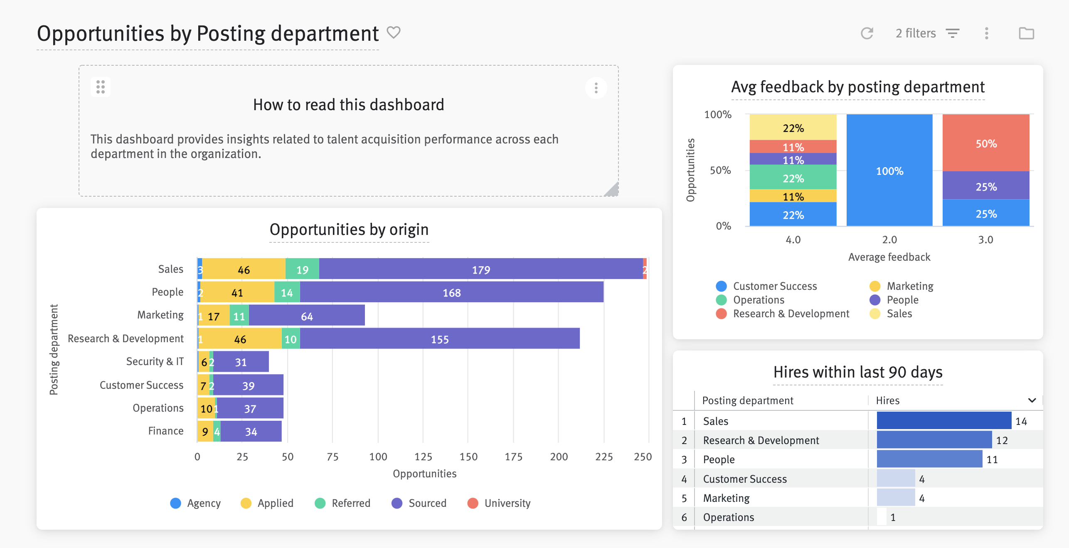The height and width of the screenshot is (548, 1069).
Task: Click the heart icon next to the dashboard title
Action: click(x=393, y=32)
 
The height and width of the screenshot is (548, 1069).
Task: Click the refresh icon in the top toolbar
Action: click(x=867, y=33)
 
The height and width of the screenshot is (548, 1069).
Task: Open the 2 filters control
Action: click(x=927, y=33)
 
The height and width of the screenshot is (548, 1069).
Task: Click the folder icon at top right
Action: click(x=1026, y=33)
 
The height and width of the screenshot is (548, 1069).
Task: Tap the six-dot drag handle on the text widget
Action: click(x=101, y=87)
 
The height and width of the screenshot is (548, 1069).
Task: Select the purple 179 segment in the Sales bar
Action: click(x=480, y=269)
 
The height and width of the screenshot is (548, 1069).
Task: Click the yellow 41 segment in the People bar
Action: click(x=237, y=292)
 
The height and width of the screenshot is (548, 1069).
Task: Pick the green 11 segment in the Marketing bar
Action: click(x=239, y=316)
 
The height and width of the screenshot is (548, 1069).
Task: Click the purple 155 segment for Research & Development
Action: click(x=439, y=339)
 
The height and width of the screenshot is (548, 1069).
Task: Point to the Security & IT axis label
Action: click(x=155, y=361)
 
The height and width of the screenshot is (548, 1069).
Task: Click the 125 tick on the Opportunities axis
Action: click(x=423, y=457)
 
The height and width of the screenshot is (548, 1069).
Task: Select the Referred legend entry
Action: click(x=343, y=503)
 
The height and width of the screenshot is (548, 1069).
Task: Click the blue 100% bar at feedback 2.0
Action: click(x=889, y=170)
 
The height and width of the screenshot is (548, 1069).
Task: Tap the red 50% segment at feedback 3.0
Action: click(x=985, y=143)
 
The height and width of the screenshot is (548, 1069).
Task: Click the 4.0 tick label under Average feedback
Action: click(x=793, y=239)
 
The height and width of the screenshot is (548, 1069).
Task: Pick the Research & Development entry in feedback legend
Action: click(x=783, y=313)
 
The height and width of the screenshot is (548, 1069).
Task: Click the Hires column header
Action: click(x=887, y=400)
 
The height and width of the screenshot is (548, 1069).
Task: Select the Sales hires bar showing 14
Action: click(x=943, y=421)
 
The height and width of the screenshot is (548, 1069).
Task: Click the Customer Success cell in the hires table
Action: click(x=744, y=479)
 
